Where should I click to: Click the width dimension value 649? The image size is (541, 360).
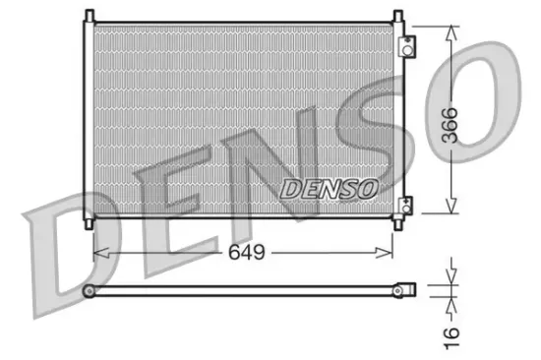pyautogui.click(x=246, y=253)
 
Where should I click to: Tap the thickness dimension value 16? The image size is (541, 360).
pyautogui.click(x=451, y=333)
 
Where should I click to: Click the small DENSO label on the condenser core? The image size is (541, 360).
pyautogui.click(x=328, y=187)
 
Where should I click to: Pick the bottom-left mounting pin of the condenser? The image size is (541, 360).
pyautogui.click(x=90, y=223)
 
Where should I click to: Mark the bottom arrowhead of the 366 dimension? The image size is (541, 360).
pyautogui.click(x=451, y=209)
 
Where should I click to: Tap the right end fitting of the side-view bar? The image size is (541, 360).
pyautogui.click(x=405, y=289)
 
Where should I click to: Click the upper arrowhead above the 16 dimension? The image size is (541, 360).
pyautogui.click(x=451, y=277)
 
